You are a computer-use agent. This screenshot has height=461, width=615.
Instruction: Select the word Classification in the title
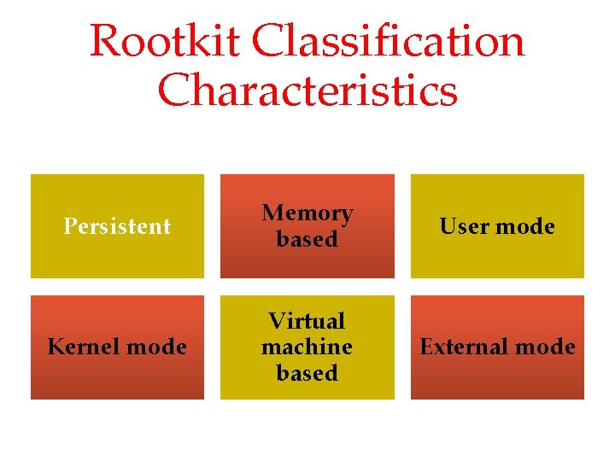pyautogui.click(x=389, y=41)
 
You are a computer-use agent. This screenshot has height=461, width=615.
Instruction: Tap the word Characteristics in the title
pyautogui.click(x=307, y=90)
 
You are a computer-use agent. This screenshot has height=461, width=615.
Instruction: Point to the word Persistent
pyautogui.click(x=118, y=226)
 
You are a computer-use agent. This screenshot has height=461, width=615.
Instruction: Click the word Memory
pyautogui.click(x=307, y=213)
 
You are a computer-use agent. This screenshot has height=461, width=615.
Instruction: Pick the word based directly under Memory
pyautogui.click(x=307, y=239)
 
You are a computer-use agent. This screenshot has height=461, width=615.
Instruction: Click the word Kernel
pyautogui.click(x=81, y=347)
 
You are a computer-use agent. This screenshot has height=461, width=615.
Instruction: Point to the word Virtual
pyautogui.click(x=307, y=321)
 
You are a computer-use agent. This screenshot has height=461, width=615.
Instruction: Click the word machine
pyautogui.click(x=307, y=347)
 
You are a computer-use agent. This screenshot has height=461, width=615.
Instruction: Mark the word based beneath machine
pyautogui.click(x=307, y=373)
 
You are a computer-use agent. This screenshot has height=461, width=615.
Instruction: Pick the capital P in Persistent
pyautogui.click(x=70, y=226)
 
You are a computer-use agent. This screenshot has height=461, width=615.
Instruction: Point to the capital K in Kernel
pyautogui.click(x=56, y=347)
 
